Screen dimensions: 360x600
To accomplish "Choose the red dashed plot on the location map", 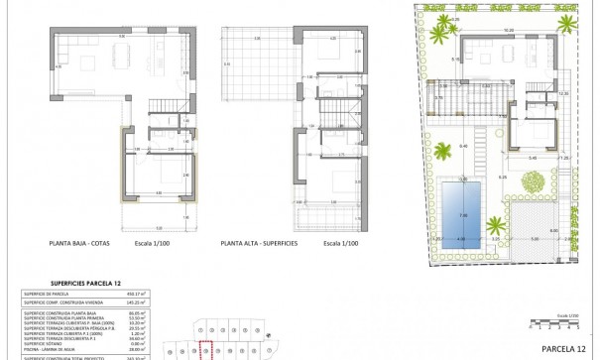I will [x=206, y=349].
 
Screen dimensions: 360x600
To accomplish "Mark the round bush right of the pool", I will [x=532, y=182].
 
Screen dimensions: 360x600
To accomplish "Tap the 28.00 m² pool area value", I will [x=177, y=350].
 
